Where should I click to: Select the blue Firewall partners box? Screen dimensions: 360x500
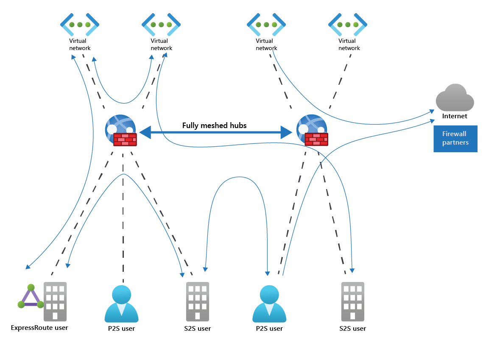coord(455,139)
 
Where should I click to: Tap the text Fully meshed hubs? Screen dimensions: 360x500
coord(214,126)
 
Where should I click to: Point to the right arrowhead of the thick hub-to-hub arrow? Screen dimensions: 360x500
coord(287,132)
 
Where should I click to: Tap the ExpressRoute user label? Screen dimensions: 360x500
coord(39,328)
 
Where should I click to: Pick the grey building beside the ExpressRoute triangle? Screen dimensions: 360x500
coord(55,301)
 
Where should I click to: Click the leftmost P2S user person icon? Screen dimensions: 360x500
coord(121,304)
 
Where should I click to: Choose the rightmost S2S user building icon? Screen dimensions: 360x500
coord(352,301)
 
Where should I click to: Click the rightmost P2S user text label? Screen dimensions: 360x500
coord(269,329)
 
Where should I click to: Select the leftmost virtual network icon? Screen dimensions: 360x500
coord(80,25)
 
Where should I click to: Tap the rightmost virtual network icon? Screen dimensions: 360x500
coord(348,25)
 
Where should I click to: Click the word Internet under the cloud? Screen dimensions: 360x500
coord(455,116)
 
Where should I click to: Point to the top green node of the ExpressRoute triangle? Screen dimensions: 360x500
coord(31,287)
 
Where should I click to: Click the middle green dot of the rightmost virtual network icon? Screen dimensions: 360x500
coord(348,25)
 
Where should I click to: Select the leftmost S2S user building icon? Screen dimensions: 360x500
coord(197,301)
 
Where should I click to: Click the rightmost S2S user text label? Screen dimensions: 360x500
coord(352,329)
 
